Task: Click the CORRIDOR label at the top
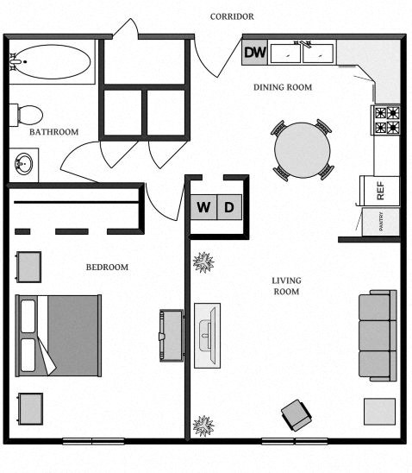(232, 16)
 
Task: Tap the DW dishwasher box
(254, 54)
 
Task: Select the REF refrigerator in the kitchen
(378, 190)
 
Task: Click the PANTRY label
(379, 221)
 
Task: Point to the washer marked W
(203, 207)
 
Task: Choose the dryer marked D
(229, 207)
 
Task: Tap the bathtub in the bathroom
(51, 62)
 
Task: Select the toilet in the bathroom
(27, 114)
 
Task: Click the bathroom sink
(23, 163)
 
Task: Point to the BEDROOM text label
(106, 268)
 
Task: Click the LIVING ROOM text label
(285, 286)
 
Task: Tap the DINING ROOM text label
(282, 87)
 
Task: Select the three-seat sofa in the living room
(377, 336)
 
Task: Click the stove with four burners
(386, 120)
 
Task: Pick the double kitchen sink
(302, 54)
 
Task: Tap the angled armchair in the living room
(297, 414)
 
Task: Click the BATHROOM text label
(54, 132)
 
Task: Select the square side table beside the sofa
(379, 411)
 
